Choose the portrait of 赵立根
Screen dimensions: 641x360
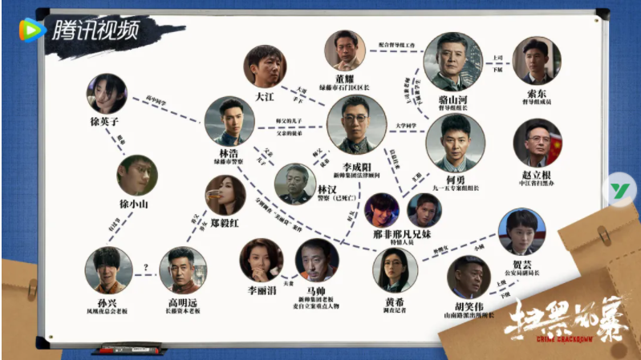(537, 143)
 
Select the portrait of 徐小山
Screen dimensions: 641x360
(136, 176)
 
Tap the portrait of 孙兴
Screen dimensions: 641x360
(108, 269)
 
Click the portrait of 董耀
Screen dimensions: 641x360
(345, 51)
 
